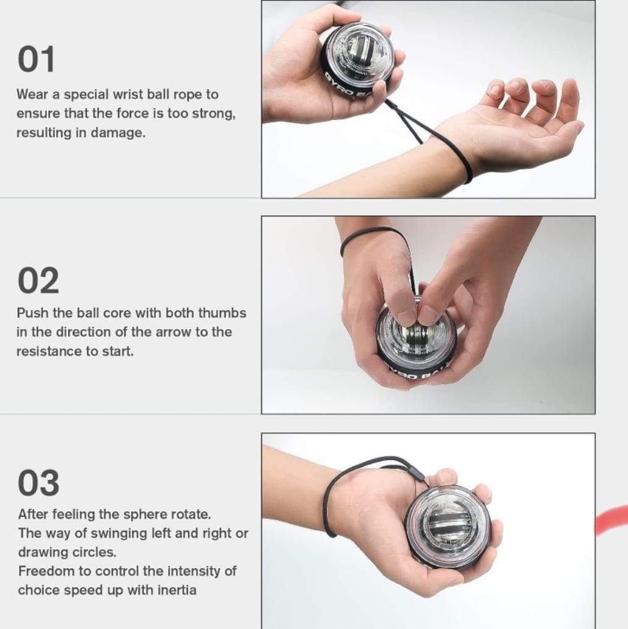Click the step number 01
click(36, 59)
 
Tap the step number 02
click(38, 280)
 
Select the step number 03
click(38, 482)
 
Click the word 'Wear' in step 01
click(32, 94)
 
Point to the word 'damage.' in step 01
click(118, 132)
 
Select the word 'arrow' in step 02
click(173, 332)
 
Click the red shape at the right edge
click(612, 520)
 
